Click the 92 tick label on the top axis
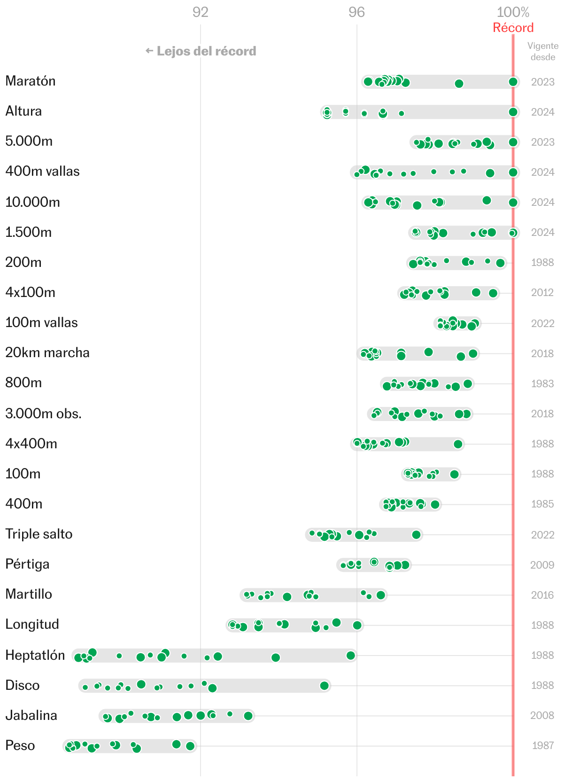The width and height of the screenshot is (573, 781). coord(200,12)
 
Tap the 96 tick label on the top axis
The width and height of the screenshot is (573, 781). coord(356,12)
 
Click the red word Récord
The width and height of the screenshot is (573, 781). coord(513,28)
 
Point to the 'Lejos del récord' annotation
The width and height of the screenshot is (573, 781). coord(201,51)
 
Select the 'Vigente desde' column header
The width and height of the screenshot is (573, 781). coord(542,51)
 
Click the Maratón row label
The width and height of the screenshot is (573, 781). coord(31,81)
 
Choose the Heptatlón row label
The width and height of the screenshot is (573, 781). coord(35,655)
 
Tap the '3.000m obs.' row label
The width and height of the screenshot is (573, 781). coord(44,414)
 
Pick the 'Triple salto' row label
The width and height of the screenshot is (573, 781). coord(39,534)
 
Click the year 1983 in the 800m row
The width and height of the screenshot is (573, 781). coord(542,383)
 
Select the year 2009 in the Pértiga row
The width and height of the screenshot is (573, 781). coord(542,565)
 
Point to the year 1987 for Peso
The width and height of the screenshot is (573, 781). coord(542,745)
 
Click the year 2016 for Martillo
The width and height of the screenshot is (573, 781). coord(542,595)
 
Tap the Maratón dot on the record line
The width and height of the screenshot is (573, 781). coord(513,82)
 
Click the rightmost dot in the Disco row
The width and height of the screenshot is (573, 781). coord(324,686)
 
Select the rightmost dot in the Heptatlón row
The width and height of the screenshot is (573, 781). coord(351,656)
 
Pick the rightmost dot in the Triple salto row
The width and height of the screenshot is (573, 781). coord(416,535)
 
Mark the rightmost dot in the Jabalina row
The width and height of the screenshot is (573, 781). coord(248,716)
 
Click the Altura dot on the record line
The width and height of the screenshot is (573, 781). coord(513,112)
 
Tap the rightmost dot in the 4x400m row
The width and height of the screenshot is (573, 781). coord(458,444)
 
